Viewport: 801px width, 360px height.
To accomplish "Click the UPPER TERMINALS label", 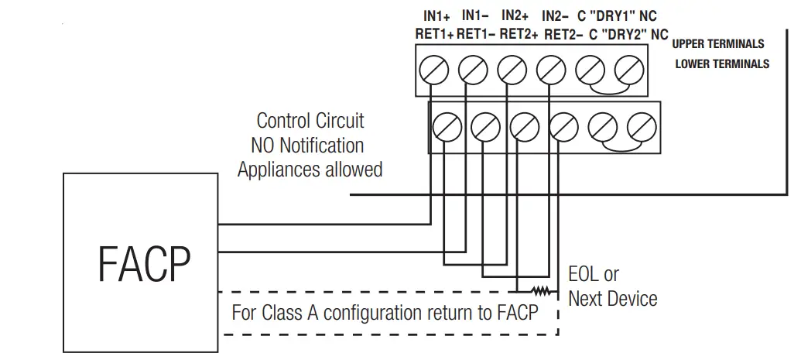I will click(x=718, y=44).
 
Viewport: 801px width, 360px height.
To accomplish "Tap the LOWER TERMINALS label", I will click(x=722, y=63).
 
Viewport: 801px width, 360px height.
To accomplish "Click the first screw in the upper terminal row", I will click(x=433, y=70).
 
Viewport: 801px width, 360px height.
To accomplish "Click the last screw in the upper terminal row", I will click(x=628, y=70).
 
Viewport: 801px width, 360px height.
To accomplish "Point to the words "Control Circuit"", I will click(x=310, y=121).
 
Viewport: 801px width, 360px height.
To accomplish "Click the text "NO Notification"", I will click(x=307, y=145).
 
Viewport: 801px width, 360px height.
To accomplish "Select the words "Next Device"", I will click(x=613, y=299).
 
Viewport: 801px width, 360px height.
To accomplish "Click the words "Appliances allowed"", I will click(x=310, y=170).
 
